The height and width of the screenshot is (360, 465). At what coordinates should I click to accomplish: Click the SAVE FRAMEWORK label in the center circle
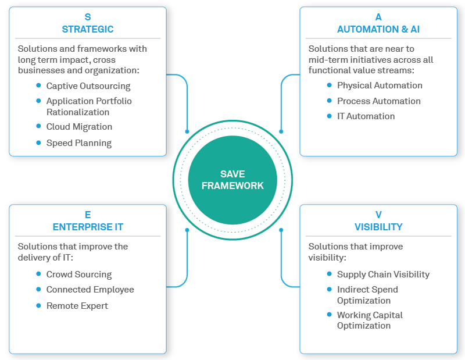click(x=233, y=180)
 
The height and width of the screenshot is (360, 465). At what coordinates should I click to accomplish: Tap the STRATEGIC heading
click(x=88, y=29)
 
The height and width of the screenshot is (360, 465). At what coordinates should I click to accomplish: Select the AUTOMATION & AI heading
click(x=378, y=29)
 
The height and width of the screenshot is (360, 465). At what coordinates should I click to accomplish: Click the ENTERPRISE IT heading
click(x=88, y=227)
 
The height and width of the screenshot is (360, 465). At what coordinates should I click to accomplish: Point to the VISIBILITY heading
click(x=378, y=227)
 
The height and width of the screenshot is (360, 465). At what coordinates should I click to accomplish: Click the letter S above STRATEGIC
click(x=88, y=17)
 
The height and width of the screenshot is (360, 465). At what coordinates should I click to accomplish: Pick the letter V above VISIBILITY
click(x=378, y=215)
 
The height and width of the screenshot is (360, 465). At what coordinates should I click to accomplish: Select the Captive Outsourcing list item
click(x=88, y=86)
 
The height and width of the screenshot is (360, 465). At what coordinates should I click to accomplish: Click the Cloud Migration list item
click(x=79, y=127)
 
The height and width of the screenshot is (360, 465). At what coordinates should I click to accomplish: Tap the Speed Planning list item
click(x=78, y=142)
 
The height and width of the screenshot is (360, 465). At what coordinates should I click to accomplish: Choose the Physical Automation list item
click(x=380, y=85)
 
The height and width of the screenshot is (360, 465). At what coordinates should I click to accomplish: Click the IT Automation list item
click(x=366, y=116)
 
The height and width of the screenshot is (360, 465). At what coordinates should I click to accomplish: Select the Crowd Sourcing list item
click(x=78, y=275)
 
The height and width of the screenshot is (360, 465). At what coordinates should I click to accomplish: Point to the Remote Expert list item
click(x=77, y=306)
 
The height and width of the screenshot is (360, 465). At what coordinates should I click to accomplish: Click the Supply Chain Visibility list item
click(x=383, y=275)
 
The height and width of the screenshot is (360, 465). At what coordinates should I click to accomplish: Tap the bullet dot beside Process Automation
click(x=329, y=101)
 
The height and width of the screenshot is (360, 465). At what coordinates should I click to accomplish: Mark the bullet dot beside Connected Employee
click(x=38, y=289)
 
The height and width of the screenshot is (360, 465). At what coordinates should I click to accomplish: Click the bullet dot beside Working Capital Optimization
click(x=329, y=315)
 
